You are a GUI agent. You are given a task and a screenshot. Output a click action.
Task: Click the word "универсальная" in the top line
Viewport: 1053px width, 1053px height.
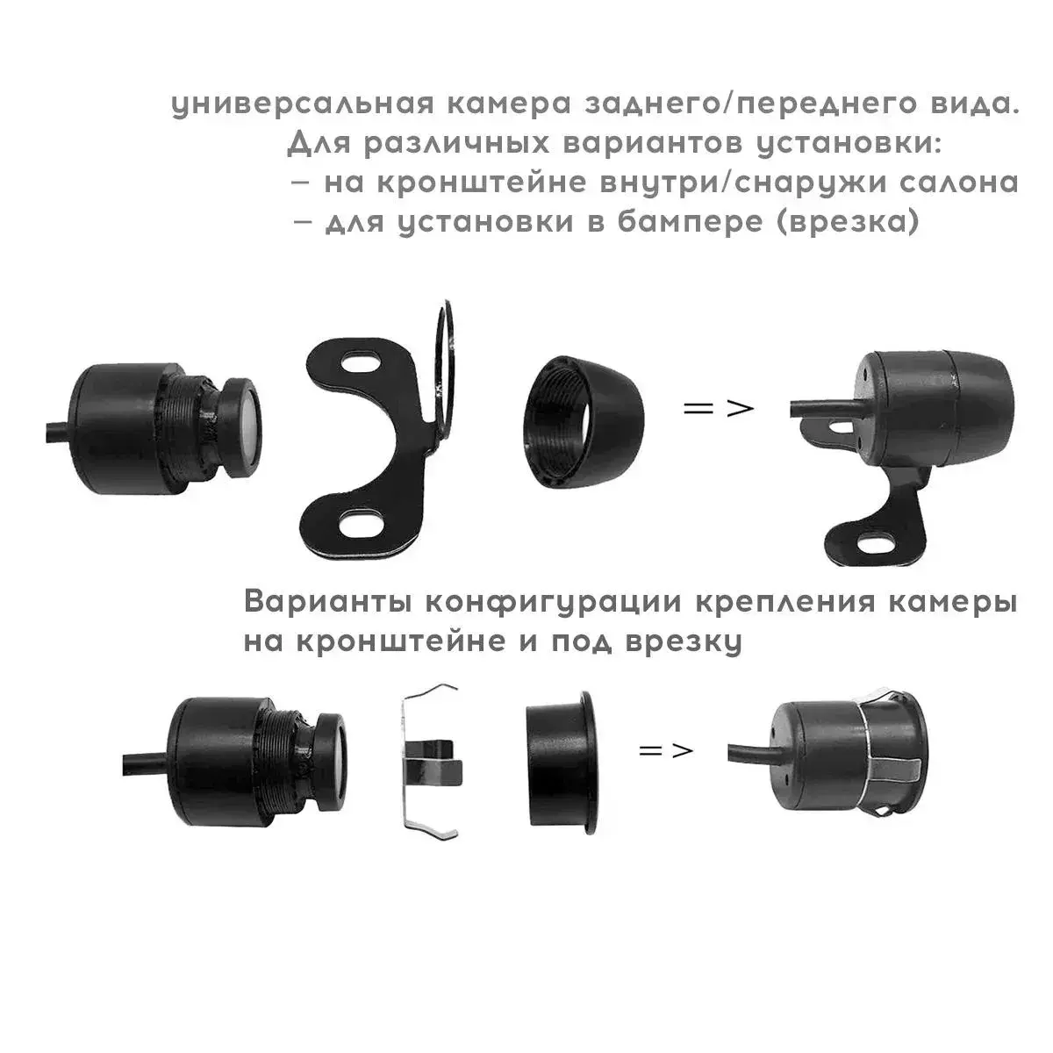point(303,105)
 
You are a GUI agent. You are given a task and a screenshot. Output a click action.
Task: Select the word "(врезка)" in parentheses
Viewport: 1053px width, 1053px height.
point(849,222)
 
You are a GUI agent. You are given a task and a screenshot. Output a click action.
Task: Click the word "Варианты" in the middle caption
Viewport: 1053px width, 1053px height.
point(328,603)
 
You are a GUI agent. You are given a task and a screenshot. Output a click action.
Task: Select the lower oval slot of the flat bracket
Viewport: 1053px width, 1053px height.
point(360,524)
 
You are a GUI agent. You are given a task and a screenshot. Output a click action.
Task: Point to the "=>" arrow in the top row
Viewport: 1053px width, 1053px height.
point(719,408)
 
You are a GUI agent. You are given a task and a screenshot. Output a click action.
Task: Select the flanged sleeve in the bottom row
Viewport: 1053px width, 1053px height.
point(560,770)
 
